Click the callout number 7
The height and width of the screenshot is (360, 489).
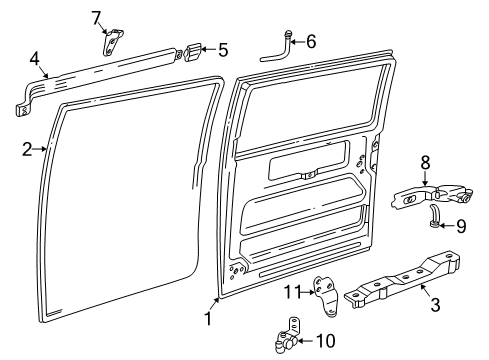click(96, 18)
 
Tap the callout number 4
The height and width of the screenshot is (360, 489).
click(34, 59)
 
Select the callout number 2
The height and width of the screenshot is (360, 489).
click(27, 149)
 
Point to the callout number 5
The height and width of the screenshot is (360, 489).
click(223, 50)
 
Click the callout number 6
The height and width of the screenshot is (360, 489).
click(311, 42)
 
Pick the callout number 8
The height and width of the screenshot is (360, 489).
click(425, 163)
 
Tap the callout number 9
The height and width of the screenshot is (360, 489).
click(461, 226)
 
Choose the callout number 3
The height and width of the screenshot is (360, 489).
click(435, 305)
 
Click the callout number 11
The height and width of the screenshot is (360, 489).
click(292, 292)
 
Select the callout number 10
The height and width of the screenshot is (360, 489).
click(326, 341)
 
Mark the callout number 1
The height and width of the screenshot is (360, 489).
click(208, 318)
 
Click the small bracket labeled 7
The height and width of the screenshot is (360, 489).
click(112, 42)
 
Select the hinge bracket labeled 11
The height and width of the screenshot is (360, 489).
click(325, 297)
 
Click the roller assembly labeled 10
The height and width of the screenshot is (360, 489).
click(288, 336)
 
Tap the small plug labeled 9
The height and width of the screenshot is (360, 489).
click(435, 216)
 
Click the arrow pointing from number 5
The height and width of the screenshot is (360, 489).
click(209, 49)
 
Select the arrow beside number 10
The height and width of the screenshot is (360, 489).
click(306, 341)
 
